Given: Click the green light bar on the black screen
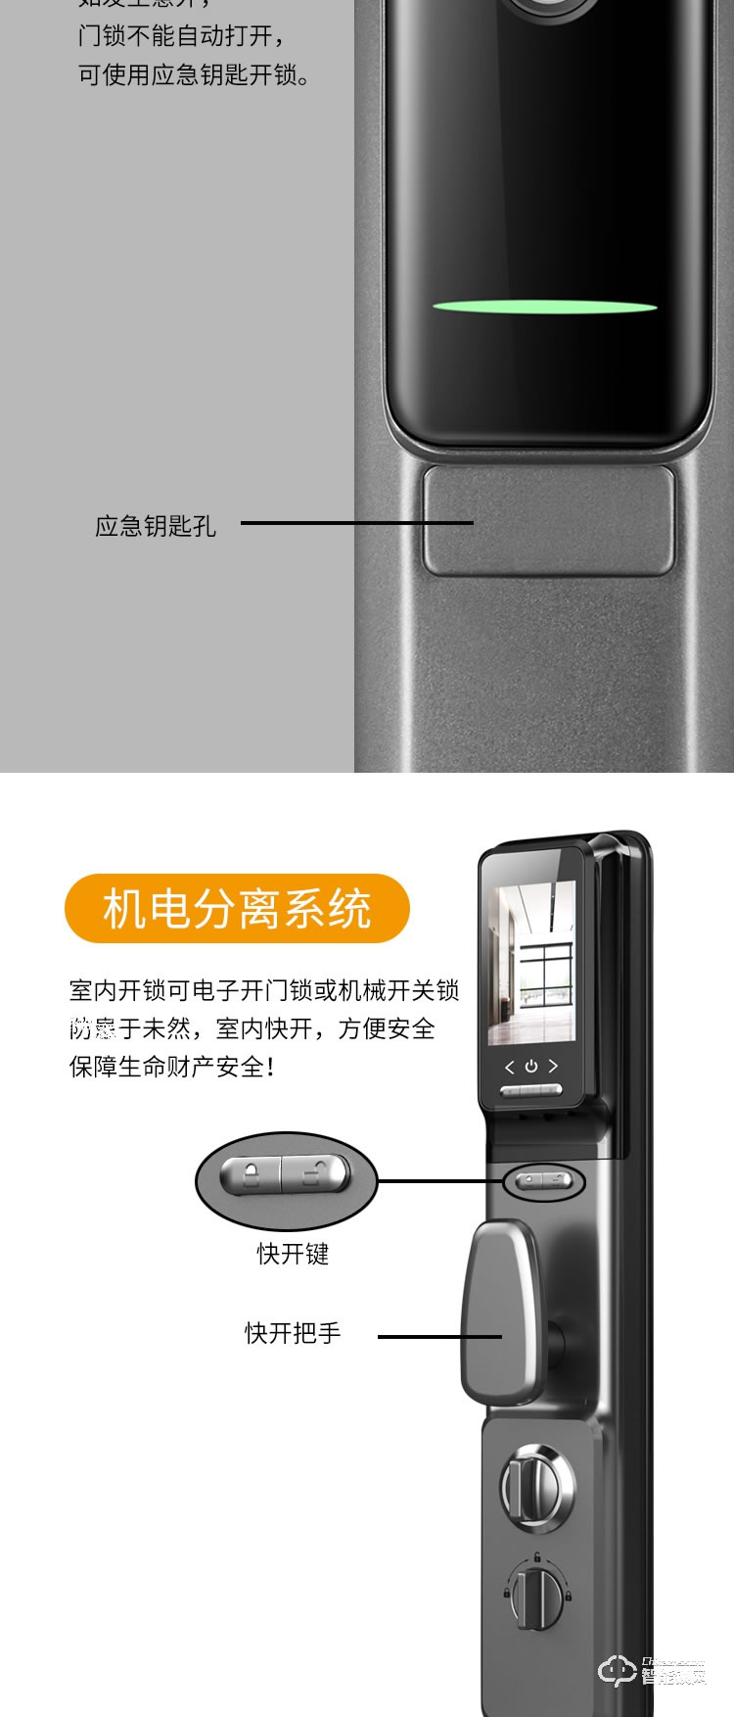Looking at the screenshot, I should (545, 308).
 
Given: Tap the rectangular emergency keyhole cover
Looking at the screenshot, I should (549, 520).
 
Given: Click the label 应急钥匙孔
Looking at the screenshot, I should (155, 526).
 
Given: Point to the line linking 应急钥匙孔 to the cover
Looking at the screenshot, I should (356, 523).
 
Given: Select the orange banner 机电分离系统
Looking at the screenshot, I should (237, 908).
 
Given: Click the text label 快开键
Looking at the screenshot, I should (293, 1254).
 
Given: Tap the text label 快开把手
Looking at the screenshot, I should (293, 1333).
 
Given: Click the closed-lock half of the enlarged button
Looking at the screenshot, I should (252, 1172).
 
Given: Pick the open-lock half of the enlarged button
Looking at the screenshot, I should (315, 1172).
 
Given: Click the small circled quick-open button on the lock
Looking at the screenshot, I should (543, 1182).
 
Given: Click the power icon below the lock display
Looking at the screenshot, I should (530, 1066).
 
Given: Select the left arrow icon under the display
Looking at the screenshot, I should (509, 1067).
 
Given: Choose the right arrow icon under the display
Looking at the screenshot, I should (553, 1066).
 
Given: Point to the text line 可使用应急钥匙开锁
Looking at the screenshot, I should (194, 75).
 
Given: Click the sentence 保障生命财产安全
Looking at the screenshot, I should (171, 1067).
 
